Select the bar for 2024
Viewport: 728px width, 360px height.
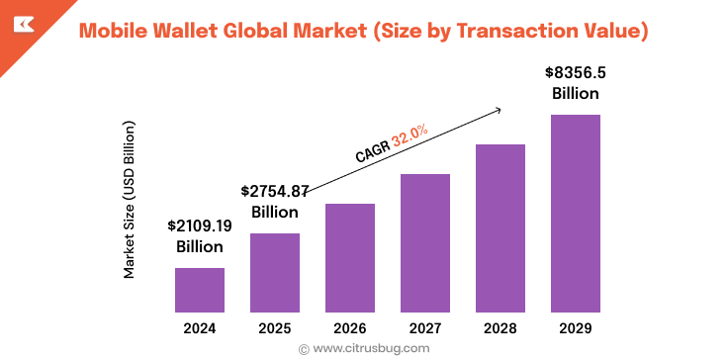(200, 290)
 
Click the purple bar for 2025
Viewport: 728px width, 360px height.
(275, 273)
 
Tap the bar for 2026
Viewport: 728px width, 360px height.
(350, 258)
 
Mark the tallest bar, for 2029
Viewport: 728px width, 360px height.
(576, 214)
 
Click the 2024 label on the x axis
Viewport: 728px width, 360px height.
(200, 327)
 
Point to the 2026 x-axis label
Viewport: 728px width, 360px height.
(350, 327)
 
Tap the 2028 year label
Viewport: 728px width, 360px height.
(500, 327)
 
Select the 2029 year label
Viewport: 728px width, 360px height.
(576, 327)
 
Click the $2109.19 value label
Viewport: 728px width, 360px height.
(200, 225)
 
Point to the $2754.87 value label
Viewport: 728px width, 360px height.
(275, 191)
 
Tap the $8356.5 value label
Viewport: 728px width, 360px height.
(576, 73)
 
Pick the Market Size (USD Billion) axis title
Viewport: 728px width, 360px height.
(129, 198)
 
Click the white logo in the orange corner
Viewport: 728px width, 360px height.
(21, 23)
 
